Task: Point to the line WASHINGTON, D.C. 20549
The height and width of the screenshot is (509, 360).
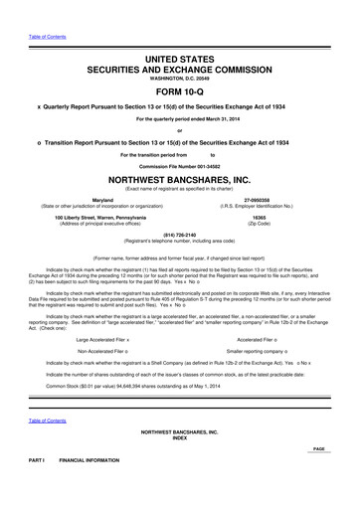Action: [x=179, y=70]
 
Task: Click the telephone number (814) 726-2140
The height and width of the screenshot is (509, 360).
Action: [x=179, y=236]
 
